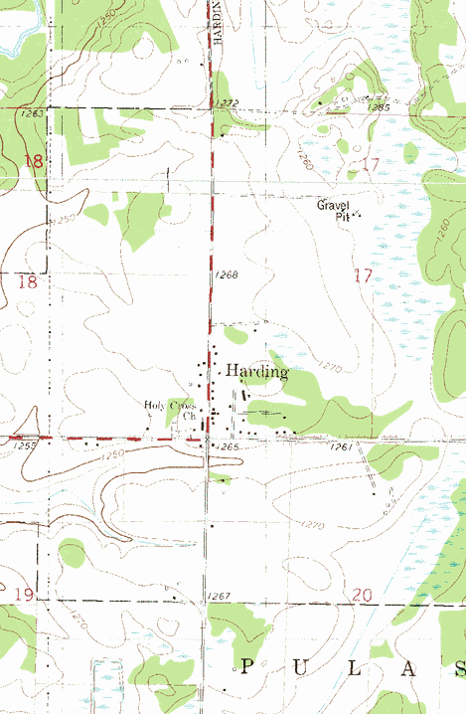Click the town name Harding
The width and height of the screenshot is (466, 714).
257,372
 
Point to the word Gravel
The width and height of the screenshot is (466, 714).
333,206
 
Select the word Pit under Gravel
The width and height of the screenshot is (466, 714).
343,216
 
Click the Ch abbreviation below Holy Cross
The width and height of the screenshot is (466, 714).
189,416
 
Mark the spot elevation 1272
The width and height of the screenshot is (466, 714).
228,103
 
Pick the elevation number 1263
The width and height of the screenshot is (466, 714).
32,114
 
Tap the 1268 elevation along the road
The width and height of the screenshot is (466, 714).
226,273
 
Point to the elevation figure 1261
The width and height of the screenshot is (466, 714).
342,447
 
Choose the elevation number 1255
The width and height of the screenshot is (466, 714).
26,446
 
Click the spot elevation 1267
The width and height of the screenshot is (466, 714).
219,596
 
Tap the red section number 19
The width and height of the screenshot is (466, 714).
27,595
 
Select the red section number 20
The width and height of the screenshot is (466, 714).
362,595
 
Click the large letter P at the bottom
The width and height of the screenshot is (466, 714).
247,666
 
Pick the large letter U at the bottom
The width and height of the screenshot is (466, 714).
302,666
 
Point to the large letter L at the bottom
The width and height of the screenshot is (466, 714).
356,666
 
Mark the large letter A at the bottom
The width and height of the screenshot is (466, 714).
409,666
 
